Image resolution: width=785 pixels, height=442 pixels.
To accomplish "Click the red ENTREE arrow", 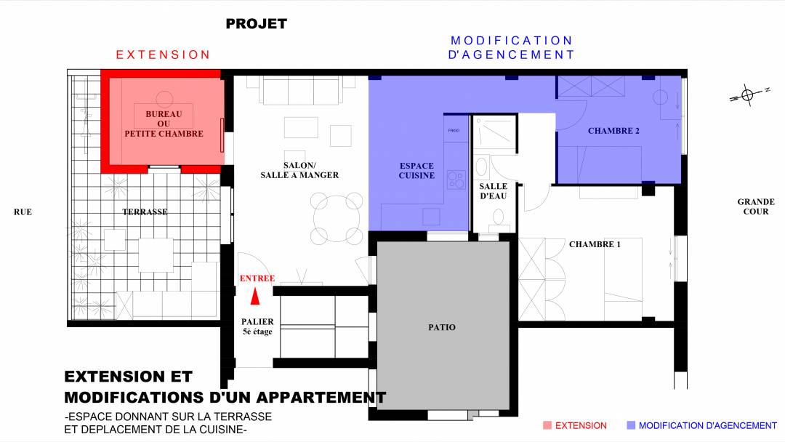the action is [255, 296].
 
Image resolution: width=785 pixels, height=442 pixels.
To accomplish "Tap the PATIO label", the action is [442, 327].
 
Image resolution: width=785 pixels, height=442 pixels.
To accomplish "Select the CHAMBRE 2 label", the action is [613, 131].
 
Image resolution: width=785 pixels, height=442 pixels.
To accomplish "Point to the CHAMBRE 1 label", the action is [595, 244].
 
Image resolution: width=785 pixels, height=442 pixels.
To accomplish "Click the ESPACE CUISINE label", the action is [416, 171].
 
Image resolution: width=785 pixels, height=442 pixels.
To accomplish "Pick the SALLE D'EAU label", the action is [493, 191].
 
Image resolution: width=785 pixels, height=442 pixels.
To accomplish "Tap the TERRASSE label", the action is [145, 212].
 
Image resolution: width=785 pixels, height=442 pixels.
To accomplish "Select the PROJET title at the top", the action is [257, 23].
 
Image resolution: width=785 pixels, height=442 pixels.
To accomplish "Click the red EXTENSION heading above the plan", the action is [163, 55].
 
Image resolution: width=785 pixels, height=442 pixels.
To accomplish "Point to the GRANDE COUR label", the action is [756, 206].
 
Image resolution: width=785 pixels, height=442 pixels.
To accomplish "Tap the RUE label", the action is [23, 212].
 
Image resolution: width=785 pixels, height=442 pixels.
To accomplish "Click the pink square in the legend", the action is [547, 425].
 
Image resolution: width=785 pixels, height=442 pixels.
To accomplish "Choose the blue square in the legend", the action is [631, 425].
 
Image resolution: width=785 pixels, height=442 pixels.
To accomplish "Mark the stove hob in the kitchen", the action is [456, 180].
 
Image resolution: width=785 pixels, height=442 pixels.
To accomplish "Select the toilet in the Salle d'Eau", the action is [498, 219].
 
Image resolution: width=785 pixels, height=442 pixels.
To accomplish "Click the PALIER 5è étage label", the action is [257, 326].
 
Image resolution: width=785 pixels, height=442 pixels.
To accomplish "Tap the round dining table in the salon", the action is [337, 218].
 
